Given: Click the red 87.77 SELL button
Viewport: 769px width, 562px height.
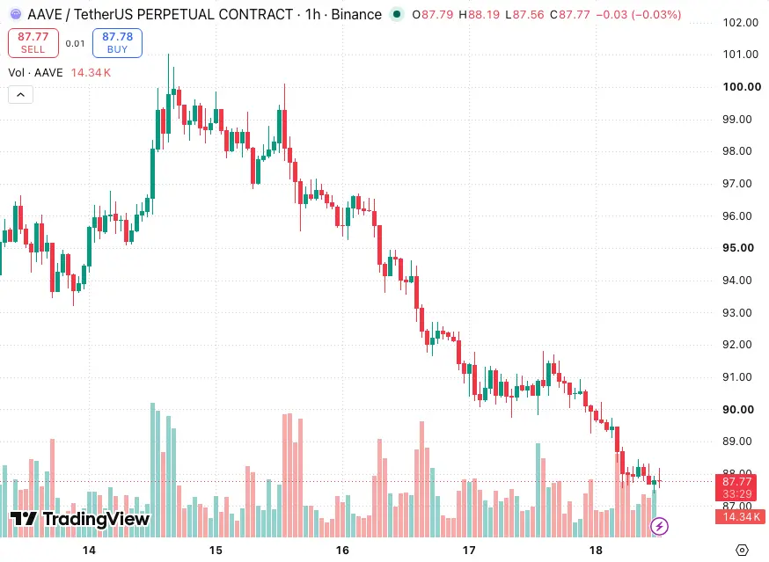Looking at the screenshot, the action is tap(33, 43).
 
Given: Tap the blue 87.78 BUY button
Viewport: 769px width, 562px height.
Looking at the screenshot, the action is tap(117, 43).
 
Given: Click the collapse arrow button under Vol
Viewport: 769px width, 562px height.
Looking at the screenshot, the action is tap(20, 95).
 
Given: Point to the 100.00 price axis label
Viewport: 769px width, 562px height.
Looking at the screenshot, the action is tap(742, 87).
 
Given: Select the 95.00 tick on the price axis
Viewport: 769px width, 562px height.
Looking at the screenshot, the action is tap(738, 248).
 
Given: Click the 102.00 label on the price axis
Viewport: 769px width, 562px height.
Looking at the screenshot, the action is tap(741, 23).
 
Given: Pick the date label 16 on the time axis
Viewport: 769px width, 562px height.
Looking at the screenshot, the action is tap(342, 551).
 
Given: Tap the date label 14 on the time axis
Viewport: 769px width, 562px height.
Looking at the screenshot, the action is tap(89, 551).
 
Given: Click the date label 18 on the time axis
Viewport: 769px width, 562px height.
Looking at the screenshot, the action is tap(596, 551).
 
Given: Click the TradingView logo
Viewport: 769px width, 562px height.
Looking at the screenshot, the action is tap(79, 519).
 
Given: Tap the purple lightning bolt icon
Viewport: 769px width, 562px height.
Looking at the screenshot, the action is tap(659, 526).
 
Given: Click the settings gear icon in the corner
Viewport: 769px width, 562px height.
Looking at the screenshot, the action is tap(742, 551).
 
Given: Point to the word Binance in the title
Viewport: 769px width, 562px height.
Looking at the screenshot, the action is tap(356, 15).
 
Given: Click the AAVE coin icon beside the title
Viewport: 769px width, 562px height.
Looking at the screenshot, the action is tap(16, 15).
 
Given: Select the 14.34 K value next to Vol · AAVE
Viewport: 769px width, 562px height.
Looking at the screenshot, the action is tap(91, 73).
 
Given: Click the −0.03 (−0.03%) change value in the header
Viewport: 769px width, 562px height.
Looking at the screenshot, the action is tap(639, 15).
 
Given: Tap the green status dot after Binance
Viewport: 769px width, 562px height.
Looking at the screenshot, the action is tap(397, 15).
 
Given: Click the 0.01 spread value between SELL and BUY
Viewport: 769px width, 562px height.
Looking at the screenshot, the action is tap(75, 44).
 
